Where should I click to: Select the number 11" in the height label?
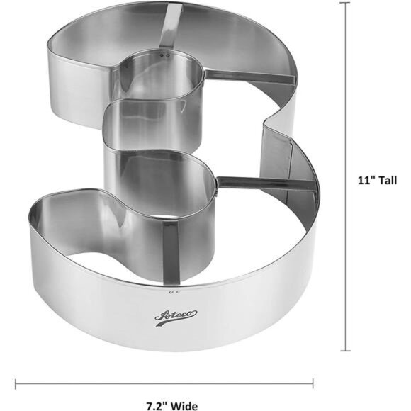(x=365, y=180)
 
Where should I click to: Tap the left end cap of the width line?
(x=16, y=385)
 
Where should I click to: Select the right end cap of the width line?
(x=313, y=385)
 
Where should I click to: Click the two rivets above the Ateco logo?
(x=173, y=291)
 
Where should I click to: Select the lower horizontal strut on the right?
(x=266, y=183)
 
